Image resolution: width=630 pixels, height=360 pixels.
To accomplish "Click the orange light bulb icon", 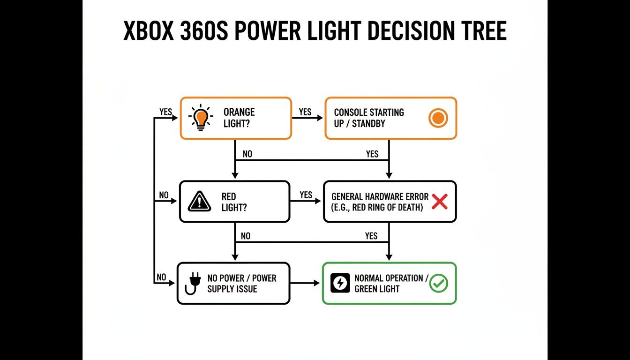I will pos(201,118).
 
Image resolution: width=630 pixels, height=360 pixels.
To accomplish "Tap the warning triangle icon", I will pos(200,202).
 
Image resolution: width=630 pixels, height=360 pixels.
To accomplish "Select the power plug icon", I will pos(192,283).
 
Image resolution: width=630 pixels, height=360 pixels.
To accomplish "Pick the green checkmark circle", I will pos(439,283).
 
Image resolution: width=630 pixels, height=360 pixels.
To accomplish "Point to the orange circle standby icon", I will pos(438,118).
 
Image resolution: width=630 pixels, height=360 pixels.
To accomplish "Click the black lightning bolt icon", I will pos(340,283).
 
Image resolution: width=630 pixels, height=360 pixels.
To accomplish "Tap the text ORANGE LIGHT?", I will pos(239,118).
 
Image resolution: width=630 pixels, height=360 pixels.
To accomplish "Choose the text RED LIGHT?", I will pos(233,202).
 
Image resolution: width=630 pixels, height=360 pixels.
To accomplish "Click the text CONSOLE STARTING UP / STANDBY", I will pos(368,118).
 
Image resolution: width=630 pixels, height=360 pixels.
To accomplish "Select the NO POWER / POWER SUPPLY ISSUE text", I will pos(241,283).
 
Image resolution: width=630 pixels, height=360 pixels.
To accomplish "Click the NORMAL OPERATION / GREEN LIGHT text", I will pos(391,283).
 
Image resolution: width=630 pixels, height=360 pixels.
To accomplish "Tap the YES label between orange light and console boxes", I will pos(305,112).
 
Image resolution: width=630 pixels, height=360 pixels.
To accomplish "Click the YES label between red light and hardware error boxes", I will pos(306,195).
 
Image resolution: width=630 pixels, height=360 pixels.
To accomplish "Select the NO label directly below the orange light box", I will pos(247,154).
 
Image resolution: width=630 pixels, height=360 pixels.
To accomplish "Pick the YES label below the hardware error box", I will pos(371,236).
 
